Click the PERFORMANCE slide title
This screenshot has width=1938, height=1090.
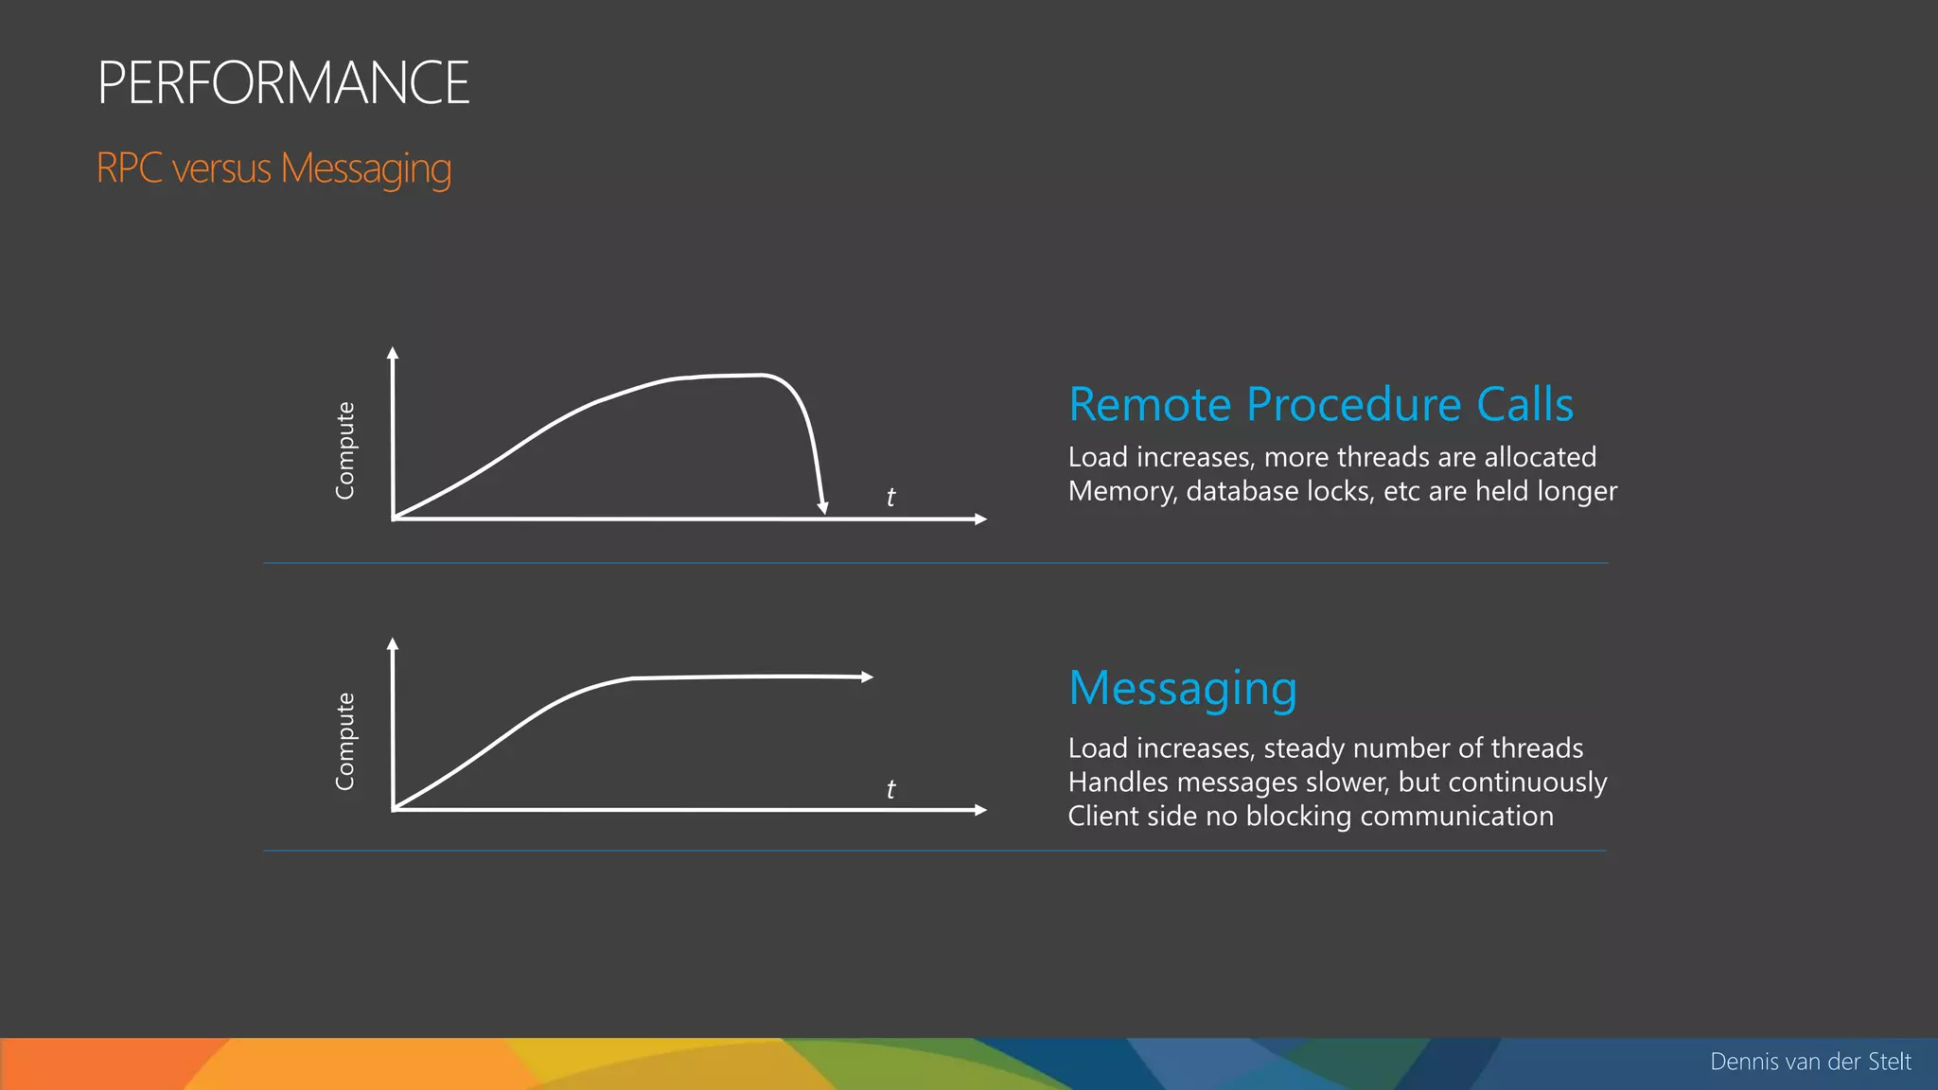click(283, 83)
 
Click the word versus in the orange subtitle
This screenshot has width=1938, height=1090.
click(221, 168)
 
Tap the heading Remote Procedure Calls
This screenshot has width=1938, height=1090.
click(1320, 404)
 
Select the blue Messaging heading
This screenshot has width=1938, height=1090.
click(1182, 689)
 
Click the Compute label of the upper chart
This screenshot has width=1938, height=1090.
click(345, 450)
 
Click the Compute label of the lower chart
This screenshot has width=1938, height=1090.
click(345, 741)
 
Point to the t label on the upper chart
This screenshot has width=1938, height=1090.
click(890, 497)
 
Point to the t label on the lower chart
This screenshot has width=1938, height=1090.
click(890, 788)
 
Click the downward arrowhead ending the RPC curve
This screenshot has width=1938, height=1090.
click(822, 508)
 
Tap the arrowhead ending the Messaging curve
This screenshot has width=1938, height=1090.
click(867, 677)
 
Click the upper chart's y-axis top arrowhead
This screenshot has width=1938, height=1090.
click(393, 353)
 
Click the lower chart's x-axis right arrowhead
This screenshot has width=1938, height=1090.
click(980, 810)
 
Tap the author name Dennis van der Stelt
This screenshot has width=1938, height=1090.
click(1810, 1062)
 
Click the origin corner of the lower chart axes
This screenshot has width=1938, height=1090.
click(394, 809)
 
